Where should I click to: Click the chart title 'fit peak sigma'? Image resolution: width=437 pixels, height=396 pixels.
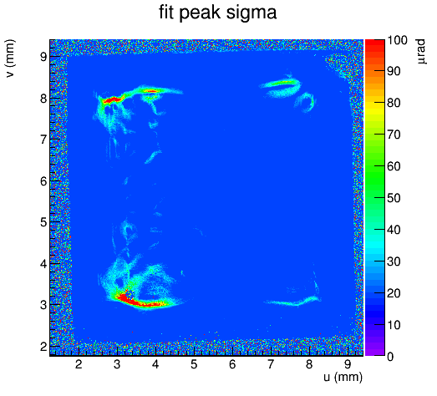pyautogui.click(x=217, y=13)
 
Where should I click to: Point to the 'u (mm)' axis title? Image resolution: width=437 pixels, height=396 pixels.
pyautogui.click(x=343, y=377)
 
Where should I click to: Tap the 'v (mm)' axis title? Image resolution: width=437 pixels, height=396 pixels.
pyautogui.click(x=10, y=58)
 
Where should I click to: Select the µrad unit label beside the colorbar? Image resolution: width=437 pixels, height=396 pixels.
pyautogui.click(x=421, y=52)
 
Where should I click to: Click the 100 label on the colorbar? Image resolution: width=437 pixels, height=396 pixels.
pyautogui.click(x=397, y=40)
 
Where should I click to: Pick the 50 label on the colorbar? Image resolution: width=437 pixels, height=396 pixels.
pyautogui.click(x=394, y=198)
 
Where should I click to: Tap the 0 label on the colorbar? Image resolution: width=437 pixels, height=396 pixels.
pyautogui.click(x=390, y=357)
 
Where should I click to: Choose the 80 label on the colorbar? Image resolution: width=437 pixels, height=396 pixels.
pyautogui.click(x=394, y=103)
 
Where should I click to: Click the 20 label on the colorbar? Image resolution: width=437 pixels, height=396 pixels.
pyautogui.click(x=394, y=293)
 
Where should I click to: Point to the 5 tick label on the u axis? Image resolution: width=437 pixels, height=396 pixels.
pyautogui.click(x=194, y=364)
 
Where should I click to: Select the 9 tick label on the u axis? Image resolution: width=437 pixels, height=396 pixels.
pyautogui.click(x=348, y=364)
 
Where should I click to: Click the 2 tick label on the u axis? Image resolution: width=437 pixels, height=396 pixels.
pyautogui.click(x=79, y=364)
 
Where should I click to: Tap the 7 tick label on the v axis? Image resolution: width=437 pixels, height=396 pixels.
pyautogui.click(x=43, y=140)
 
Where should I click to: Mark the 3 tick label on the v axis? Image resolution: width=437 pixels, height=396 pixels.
pyautogui.click(x=43, y=305)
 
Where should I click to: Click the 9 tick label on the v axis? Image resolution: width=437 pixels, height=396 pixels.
pyautogui.click(x=43, y=57)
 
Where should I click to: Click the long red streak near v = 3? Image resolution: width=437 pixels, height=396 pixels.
pyautogui.click(x=140, y=301)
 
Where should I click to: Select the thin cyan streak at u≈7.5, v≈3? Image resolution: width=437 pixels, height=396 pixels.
pyautogui.click(x=292, y=302)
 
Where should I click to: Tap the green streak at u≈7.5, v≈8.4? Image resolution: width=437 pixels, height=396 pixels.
pyautogui.click(x=282, y=83)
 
